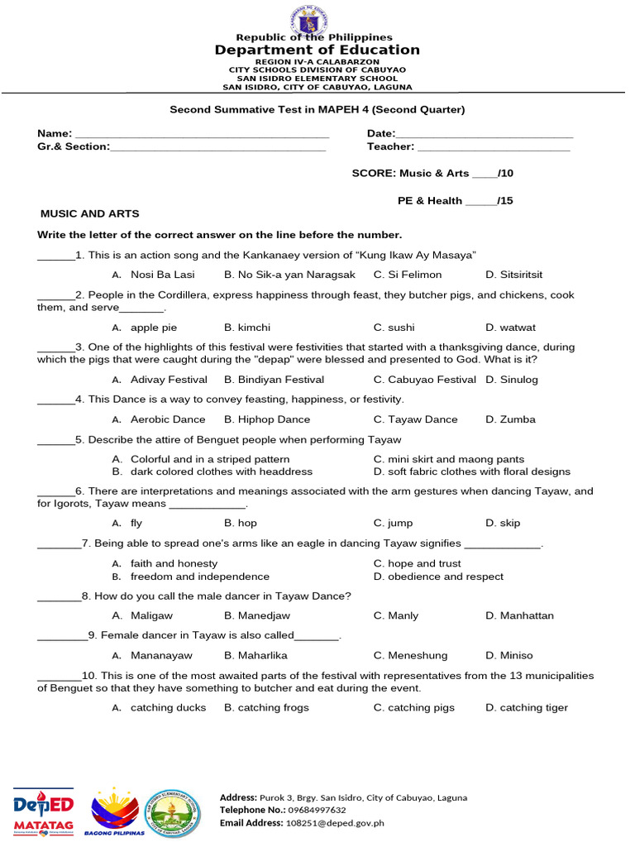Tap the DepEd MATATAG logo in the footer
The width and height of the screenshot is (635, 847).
(44, 811)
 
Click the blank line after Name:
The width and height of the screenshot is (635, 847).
(202, 134)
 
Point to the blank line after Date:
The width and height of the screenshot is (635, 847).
(485, 134)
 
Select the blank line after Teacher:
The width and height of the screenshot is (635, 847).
(494, 147)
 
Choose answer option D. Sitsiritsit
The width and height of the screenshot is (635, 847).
(514, 275)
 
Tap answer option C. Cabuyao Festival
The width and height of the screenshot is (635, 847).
(425, 380)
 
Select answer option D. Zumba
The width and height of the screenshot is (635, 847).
(510, 419)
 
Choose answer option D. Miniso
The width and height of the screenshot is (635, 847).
(509, 655)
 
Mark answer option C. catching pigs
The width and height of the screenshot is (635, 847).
(414, 707)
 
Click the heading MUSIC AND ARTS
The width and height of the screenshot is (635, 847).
(90, 213)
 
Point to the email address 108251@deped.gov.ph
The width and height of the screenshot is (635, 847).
(335, 823)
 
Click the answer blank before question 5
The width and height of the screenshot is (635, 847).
(55, 441)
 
